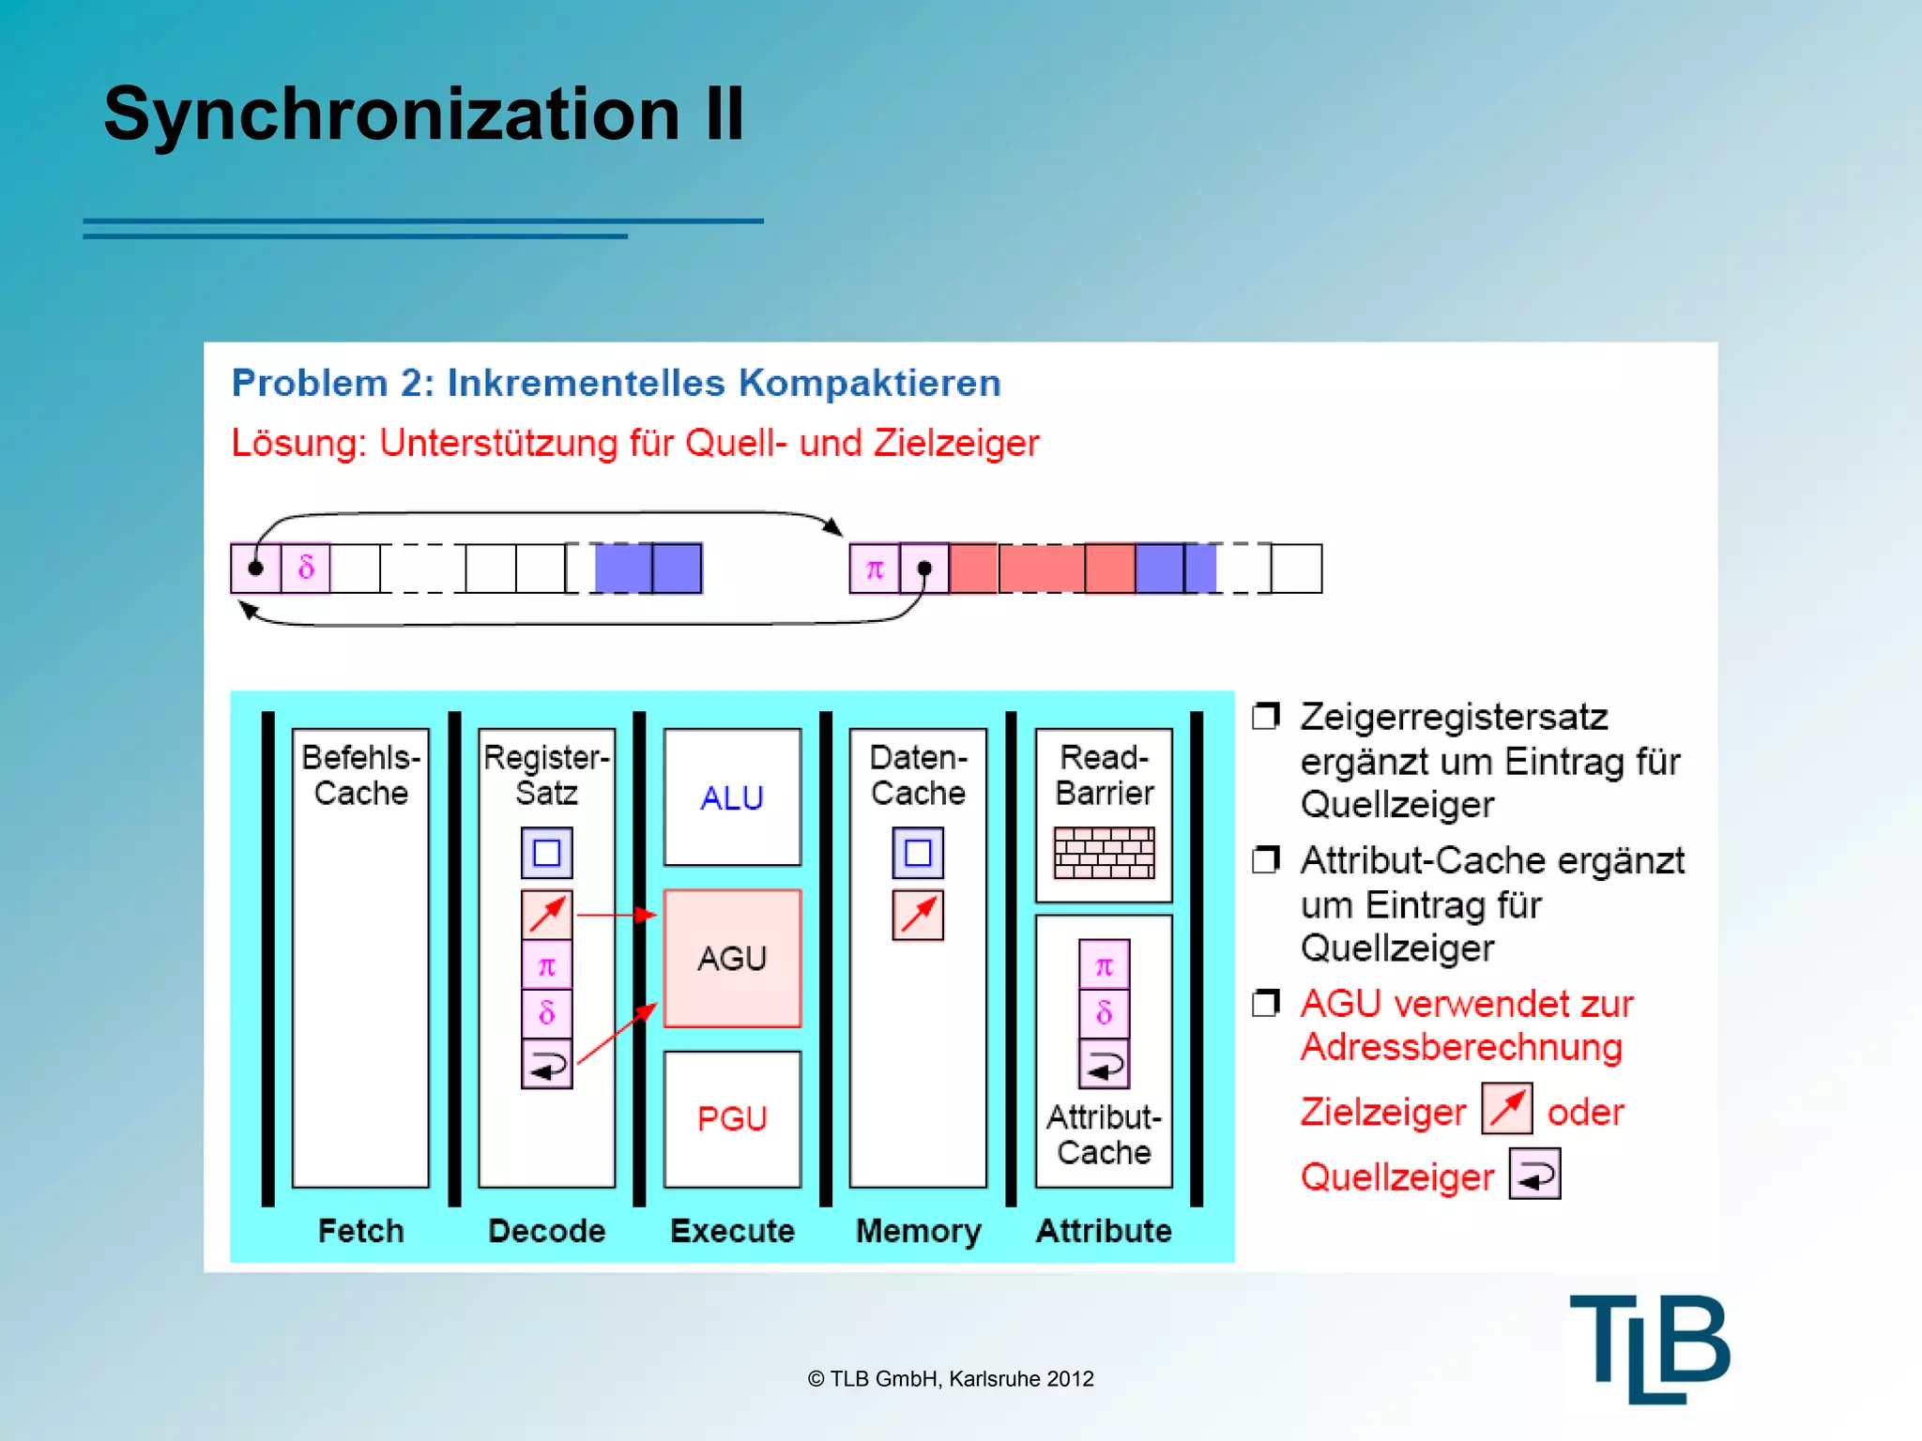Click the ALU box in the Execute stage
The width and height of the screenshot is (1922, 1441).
[732, 797]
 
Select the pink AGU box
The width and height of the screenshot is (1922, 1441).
[732, 958]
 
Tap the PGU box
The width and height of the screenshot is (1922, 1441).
[732, 1118]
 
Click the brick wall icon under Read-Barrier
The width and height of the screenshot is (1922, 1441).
[1104, 853]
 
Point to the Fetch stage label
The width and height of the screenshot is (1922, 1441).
[360, 1230]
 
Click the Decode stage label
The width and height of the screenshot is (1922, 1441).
[546, 1230]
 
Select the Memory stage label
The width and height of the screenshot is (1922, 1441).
[918, 1230]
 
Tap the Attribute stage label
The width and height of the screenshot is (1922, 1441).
[1104, 1230]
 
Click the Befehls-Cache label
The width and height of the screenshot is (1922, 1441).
[360, 775]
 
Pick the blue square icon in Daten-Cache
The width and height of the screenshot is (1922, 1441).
[918, 853]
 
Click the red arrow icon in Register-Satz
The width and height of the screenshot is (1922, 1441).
[547, 915]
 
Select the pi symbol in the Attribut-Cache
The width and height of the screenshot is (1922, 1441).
[1104, 965]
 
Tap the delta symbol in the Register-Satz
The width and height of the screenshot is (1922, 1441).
[547, 1012]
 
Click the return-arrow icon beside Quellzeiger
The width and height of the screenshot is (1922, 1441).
[1534, 1175]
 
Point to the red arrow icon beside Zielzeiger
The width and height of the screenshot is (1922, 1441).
[1507, 1109]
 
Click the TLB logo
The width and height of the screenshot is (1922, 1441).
[1650, 1348]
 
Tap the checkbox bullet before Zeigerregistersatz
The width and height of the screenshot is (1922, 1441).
[1266, 717]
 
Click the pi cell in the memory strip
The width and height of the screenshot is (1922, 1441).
[875, 569]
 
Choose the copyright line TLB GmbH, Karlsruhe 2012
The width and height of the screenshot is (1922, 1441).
[951, 1378]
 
